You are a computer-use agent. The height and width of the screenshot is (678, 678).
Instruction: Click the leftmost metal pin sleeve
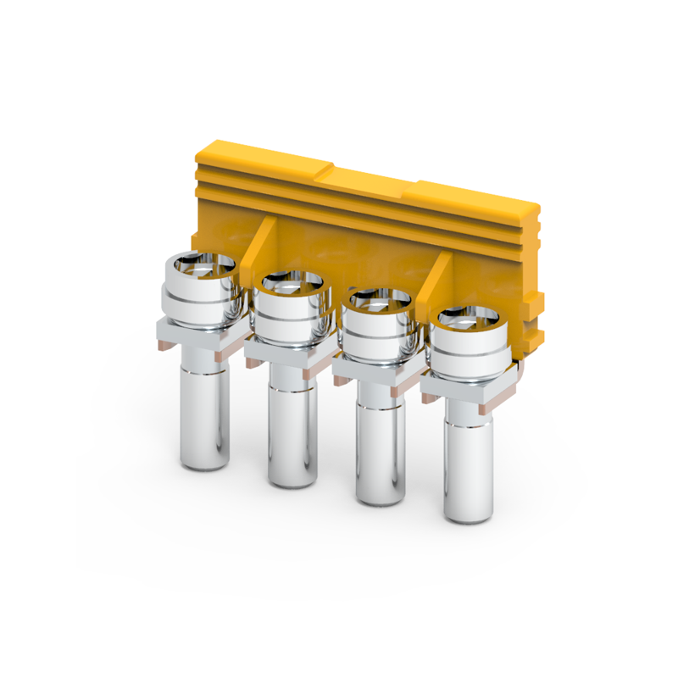pyautogui.click(x=206, y=415)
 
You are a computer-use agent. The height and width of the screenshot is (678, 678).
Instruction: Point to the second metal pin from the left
pyautogui.click(x=292, y=436)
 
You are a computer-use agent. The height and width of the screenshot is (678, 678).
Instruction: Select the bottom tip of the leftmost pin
pyautogui.click(x=206, y=464)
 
